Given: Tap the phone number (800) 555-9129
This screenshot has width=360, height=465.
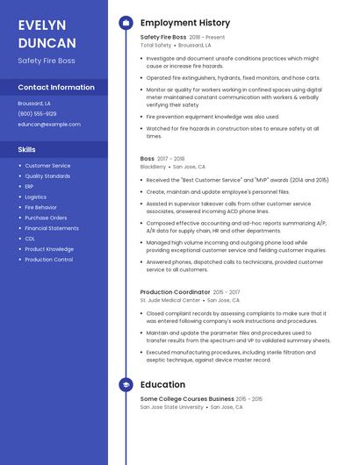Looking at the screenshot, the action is click(37, 113).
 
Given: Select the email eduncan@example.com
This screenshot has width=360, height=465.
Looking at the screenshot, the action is click(49, 125).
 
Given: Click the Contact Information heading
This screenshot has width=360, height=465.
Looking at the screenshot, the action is click(56, 87).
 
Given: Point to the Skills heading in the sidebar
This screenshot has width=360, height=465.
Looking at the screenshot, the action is click(26, 149).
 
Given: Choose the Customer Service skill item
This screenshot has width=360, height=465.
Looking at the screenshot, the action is click(47, 166).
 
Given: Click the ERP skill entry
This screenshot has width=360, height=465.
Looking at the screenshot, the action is click(30, 186).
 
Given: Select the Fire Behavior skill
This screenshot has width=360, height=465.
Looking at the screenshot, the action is click(42, 207).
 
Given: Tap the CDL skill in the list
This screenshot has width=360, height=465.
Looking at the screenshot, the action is click(30, 239).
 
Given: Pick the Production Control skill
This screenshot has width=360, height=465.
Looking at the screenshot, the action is click(49, 260).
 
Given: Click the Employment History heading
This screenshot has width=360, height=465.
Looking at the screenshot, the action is click(185, 23).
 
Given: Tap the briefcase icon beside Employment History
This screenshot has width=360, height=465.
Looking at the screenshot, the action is click(126, 23).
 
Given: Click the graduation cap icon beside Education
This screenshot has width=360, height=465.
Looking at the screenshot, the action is click(126, 384).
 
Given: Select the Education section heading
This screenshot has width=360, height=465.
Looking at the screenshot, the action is click(162, 384).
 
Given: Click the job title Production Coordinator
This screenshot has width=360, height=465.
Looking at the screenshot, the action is click(175, 292).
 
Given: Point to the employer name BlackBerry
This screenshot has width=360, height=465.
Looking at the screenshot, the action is click(153, 166).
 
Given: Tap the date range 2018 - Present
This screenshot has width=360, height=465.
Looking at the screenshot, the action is click(207, 38).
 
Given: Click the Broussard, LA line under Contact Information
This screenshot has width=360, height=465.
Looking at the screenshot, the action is click(35, 103).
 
